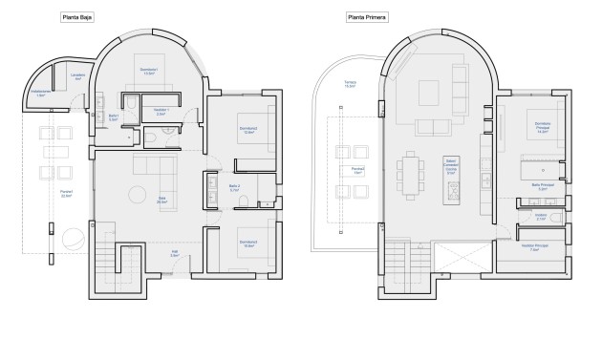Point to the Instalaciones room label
41,94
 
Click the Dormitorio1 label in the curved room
149,71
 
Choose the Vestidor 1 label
161,112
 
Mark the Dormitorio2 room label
247,131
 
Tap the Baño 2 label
234,188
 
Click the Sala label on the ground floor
162,201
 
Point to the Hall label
175,255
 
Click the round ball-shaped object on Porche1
71,240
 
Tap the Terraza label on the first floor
351,84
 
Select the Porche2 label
357,171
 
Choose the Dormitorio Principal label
542,129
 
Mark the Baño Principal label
541,187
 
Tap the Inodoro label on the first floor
540,218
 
